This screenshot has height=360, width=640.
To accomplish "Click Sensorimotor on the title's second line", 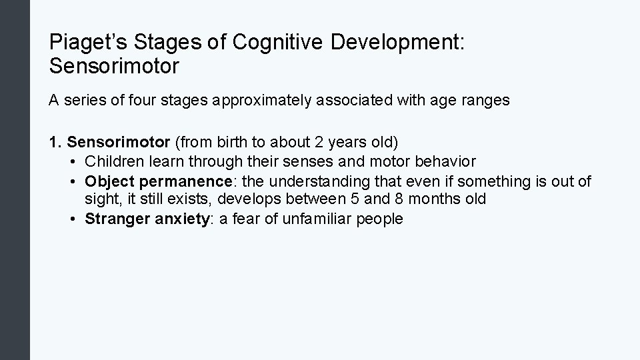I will pos(114,66).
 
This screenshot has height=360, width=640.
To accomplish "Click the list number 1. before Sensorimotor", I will pos(56,142).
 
